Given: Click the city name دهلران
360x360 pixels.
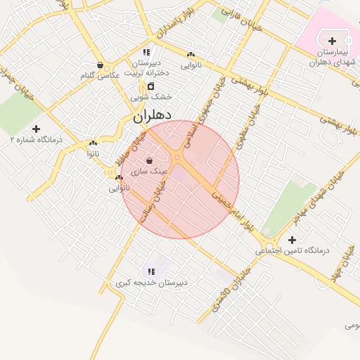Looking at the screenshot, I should click(153, 115).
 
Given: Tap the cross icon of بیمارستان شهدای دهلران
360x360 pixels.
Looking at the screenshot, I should click(332, 41).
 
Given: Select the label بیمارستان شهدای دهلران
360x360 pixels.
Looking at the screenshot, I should click(328, 57).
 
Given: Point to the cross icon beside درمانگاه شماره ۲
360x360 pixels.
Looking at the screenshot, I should click(36, 129).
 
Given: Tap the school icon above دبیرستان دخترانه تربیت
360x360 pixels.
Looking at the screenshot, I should click(146, 52).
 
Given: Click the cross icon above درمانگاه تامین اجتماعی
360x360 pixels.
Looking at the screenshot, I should click(292, 240).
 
